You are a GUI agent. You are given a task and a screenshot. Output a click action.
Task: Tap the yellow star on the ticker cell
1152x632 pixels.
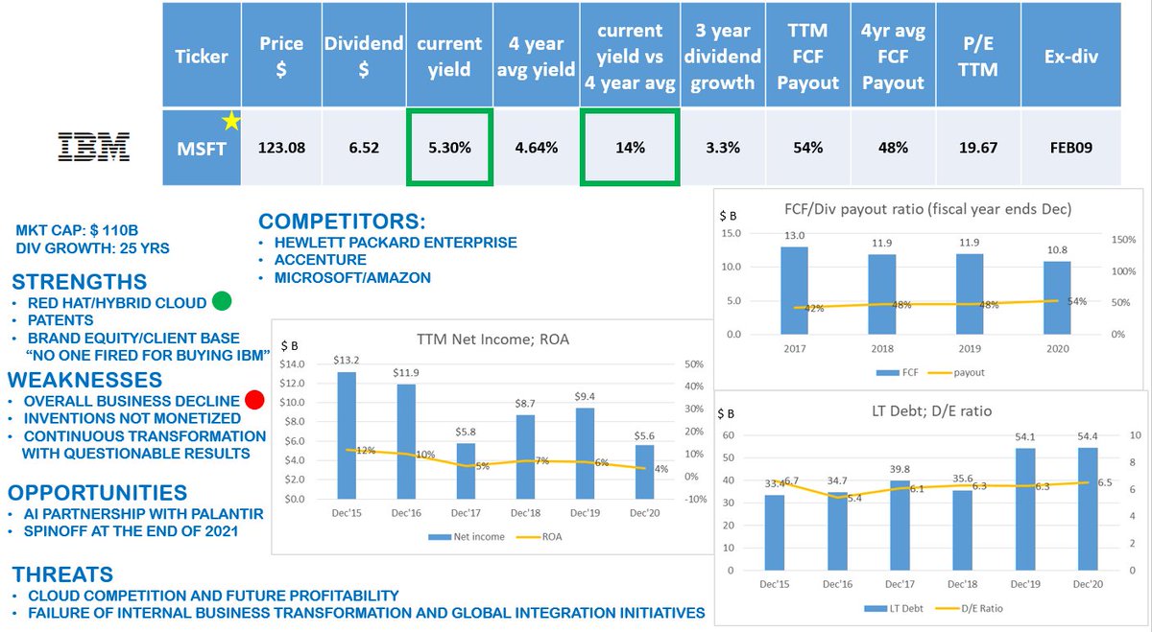[x=230, y=120]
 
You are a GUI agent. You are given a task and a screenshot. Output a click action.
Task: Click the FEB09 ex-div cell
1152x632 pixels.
[x=1070, y=148]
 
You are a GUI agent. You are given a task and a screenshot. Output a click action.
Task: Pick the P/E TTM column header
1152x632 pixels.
[x=978, y=56]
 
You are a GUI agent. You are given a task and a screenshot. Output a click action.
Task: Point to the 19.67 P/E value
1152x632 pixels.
[x=978, y=148]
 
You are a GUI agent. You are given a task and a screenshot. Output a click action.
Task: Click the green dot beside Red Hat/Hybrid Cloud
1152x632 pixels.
[x=222, y=302]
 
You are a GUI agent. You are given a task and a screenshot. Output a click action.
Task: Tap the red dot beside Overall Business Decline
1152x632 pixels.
[x=254, y=400]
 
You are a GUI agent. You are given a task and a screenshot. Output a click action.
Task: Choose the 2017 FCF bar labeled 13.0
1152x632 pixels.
[x=793, y=291]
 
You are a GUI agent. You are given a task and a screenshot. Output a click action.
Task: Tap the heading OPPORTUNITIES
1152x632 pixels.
[x=98, y=493]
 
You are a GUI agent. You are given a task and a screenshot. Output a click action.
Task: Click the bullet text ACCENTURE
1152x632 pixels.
[x=322, y=260]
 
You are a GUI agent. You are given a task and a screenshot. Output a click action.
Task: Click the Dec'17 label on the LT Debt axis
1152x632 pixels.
[x=900, y=584]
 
